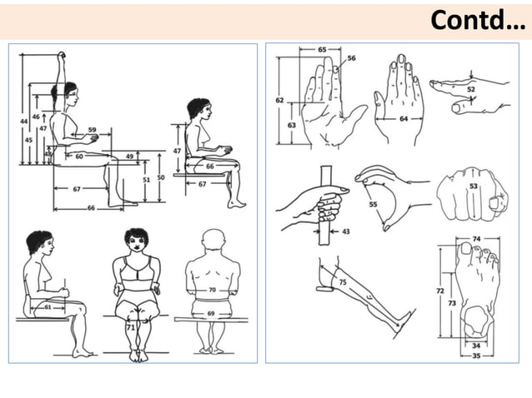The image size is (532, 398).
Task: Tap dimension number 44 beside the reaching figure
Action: point(23,122)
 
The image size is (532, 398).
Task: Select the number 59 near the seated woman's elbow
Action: point(92,130)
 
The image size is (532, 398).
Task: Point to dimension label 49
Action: point(129,157)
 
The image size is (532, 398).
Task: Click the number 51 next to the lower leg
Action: point(147,178)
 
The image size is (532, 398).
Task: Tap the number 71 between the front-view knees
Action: point(130,328)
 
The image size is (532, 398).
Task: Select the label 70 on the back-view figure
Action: point(212,291)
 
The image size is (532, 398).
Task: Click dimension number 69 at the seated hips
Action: point(212,313)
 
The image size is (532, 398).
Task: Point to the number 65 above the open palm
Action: point(322,50)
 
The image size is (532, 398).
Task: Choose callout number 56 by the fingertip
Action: point(351,58)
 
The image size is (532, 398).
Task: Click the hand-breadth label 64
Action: point(404,119)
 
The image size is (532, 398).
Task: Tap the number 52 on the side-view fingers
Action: point(471,89)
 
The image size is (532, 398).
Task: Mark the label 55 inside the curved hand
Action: point(373,203)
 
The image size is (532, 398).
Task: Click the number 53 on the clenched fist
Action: point(474,187)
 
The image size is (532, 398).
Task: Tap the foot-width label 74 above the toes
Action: point(475,238)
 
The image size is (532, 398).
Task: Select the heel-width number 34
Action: point(475,346)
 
